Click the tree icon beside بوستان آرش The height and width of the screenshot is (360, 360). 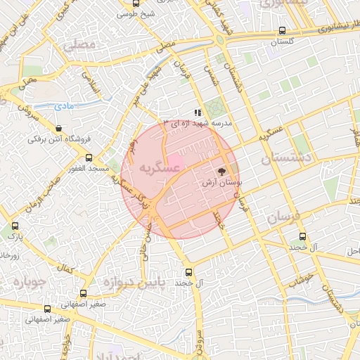pyautogui.click(x=221, y=172)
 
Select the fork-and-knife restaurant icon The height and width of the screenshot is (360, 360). pyautogui.click(x=199, y=112)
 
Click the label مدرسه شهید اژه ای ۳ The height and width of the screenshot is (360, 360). pyautogui.click(x=200, y=123)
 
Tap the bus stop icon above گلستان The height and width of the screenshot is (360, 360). pyautogui.click(x=282, y=31)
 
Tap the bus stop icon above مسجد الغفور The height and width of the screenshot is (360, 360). pyautogui.click(x=89, y=158)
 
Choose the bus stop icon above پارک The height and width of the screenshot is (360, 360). pyautogui.click(x=15, y=226)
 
